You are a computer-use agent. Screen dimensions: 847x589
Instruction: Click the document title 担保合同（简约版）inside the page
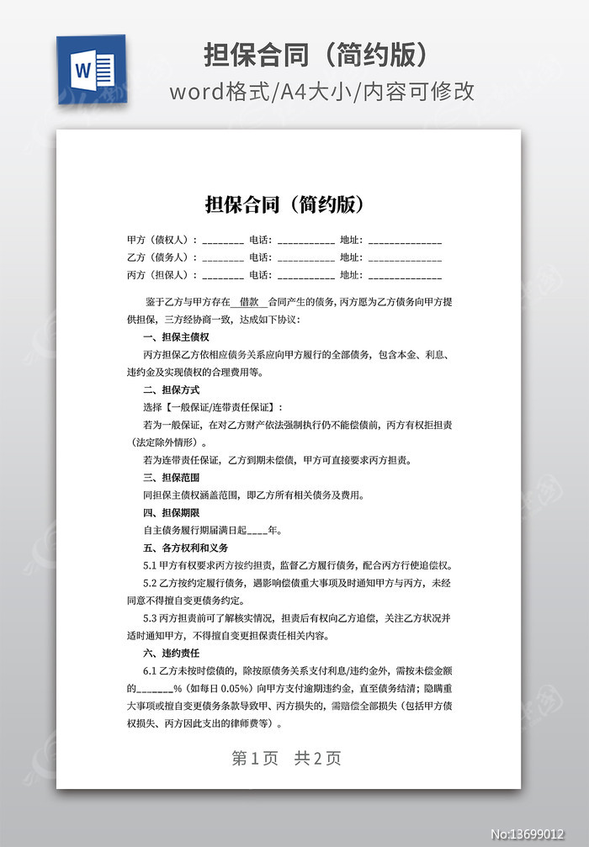coord(284,204)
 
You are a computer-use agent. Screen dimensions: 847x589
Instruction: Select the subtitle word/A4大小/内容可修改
coord(321,91)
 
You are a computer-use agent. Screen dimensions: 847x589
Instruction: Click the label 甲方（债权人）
coord(162,240)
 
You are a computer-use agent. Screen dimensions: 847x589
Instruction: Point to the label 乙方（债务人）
coord(162,257)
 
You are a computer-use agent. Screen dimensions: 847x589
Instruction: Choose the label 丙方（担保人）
coord(162,275)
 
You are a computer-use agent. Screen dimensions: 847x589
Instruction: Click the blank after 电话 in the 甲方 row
coord(305,241)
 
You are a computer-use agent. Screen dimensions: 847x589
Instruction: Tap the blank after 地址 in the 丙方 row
coord(405,276)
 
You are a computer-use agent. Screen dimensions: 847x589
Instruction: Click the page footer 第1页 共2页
coord(286,758)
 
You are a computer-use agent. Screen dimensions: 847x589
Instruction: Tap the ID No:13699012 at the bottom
coord(538,834)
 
